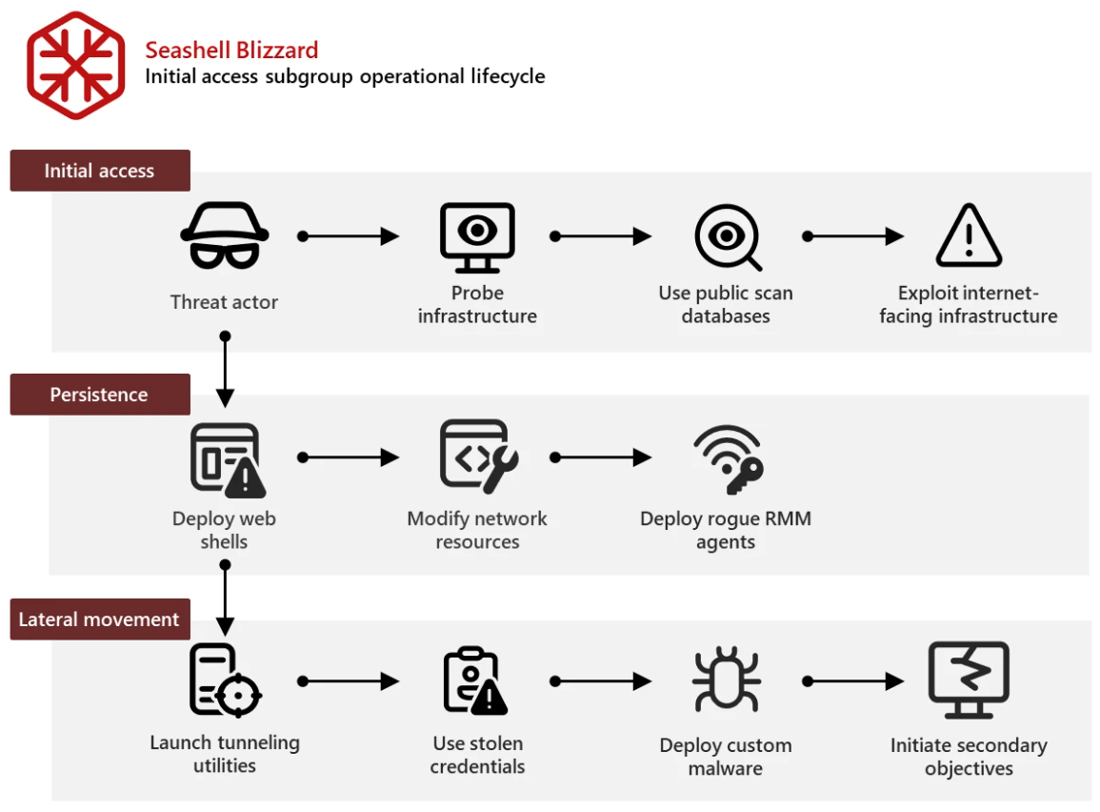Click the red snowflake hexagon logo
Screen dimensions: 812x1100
tap(76, 65)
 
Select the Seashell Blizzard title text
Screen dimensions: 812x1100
tap(231, 50)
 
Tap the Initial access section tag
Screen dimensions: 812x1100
tap(99, 171)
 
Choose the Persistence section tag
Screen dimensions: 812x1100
tap(99, 395)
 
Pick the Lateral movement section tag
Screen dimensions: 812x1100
tap(99, 619)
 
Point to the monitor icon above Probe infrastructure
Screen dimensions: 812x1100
tap(477, 236)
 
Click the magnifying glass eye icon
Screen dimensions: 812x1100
tap(727, 236)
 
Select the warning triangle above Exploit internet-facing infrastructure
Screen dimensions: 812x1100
tap(969, 235)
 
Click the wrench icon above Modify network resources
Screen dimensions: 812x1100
tap(478, 457)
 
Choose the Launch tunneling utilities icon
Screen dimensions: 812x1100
tap(225, 680)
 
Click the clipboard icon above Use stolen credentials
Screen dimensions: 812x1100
tap(476, 680)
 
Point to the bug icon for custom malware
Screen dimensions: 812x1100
tap(726, 680)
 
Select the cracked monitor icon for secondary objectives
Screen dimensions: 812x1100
tap(969, 680)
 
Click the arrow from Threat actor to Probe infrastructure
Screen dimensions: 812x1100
tap(349, 236)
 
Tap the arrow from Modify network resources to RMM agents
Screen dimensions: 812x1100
tap(601, 457)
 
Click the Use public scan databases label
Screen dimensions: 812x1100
tap(726, 304)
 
